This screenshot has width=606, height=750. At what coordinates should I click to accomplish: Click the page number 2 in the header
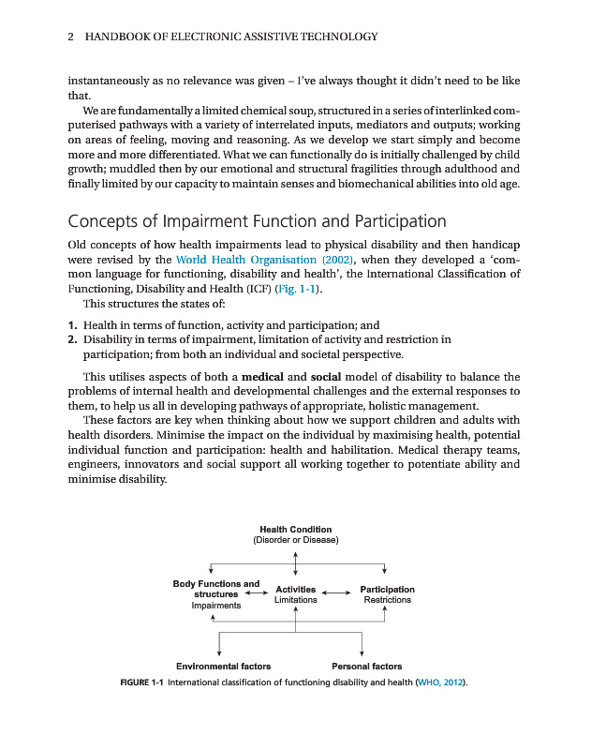pos(71,37)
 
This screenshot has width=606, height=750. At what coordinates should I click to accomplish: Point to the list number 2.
pos(72,339)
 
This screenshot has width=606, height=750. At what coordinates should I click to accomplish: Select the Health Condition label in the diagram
pos(295,530)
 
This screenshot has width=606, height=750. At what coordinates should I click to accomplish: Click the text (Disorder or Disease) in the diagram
pos(295,540)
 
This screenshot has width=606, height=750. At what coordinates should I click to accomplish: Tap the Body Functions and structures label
pos(215,589)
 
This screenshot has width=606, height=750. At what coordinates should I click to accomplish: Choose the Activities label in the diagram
pos(295,590)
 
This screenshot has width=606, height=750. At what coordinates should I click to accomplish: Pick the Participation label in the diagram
pos(387,590)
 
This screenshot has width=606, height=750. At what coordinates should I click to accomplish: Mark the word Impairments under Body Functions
pos(215,606)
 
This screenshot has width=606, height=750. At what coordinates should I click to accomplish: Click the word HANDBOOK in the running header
pos(116,37)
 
